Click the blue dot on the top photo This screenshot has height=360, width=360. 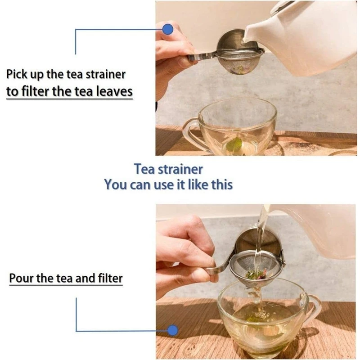(x=168, y=30)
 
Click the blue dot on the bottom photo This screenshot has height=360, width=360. (x=172, y=331)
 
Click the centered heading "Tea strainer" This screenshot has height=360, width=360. (x=168, y=169)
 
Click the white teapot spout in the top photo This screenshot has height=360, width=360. (x=250, y=36)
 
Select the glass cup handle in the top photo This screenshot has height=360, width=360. (x=190, y=133)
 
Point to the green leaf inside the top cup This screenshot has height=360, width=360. (x=234, y=145)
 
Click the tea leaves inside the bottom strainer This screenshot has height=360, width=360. (x=256, y=274)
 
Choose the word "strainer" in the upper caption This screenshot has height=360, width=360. (x=104, y=74)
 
